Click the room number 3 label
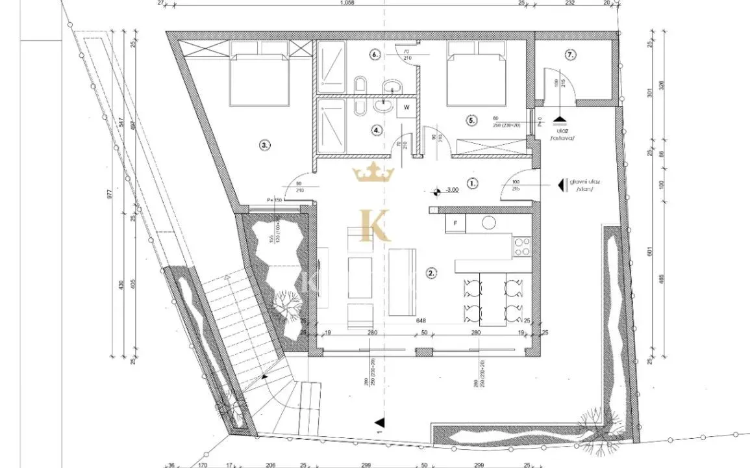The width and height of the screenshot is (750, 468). [x=264, y=146]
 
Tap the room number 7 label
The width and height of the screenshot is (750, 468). [x=570, y=55]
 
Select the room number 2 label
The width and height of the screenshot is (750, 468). [x=431, y=273]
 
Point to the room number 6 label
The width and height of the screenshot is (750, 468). [x=374, y=55]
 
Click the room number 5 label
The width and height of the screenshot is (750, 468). [x=472, y=120]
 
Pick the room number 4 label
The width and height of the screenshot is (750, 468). [x=377, y=129]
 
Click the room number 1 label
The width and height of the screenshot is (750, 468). [x=473, y=184]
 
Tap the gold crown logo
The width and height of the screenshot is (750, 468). [x=373, y=174]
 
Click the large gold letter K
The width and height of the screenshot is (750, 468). [x=374, y=226]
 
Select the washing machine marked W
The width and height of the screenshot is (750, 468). [x=406, y=107]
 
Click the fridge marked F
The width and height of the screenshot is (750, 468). [x=455, y=224]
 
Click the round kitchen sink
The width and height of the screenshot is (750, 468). [x=488, y=223]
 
